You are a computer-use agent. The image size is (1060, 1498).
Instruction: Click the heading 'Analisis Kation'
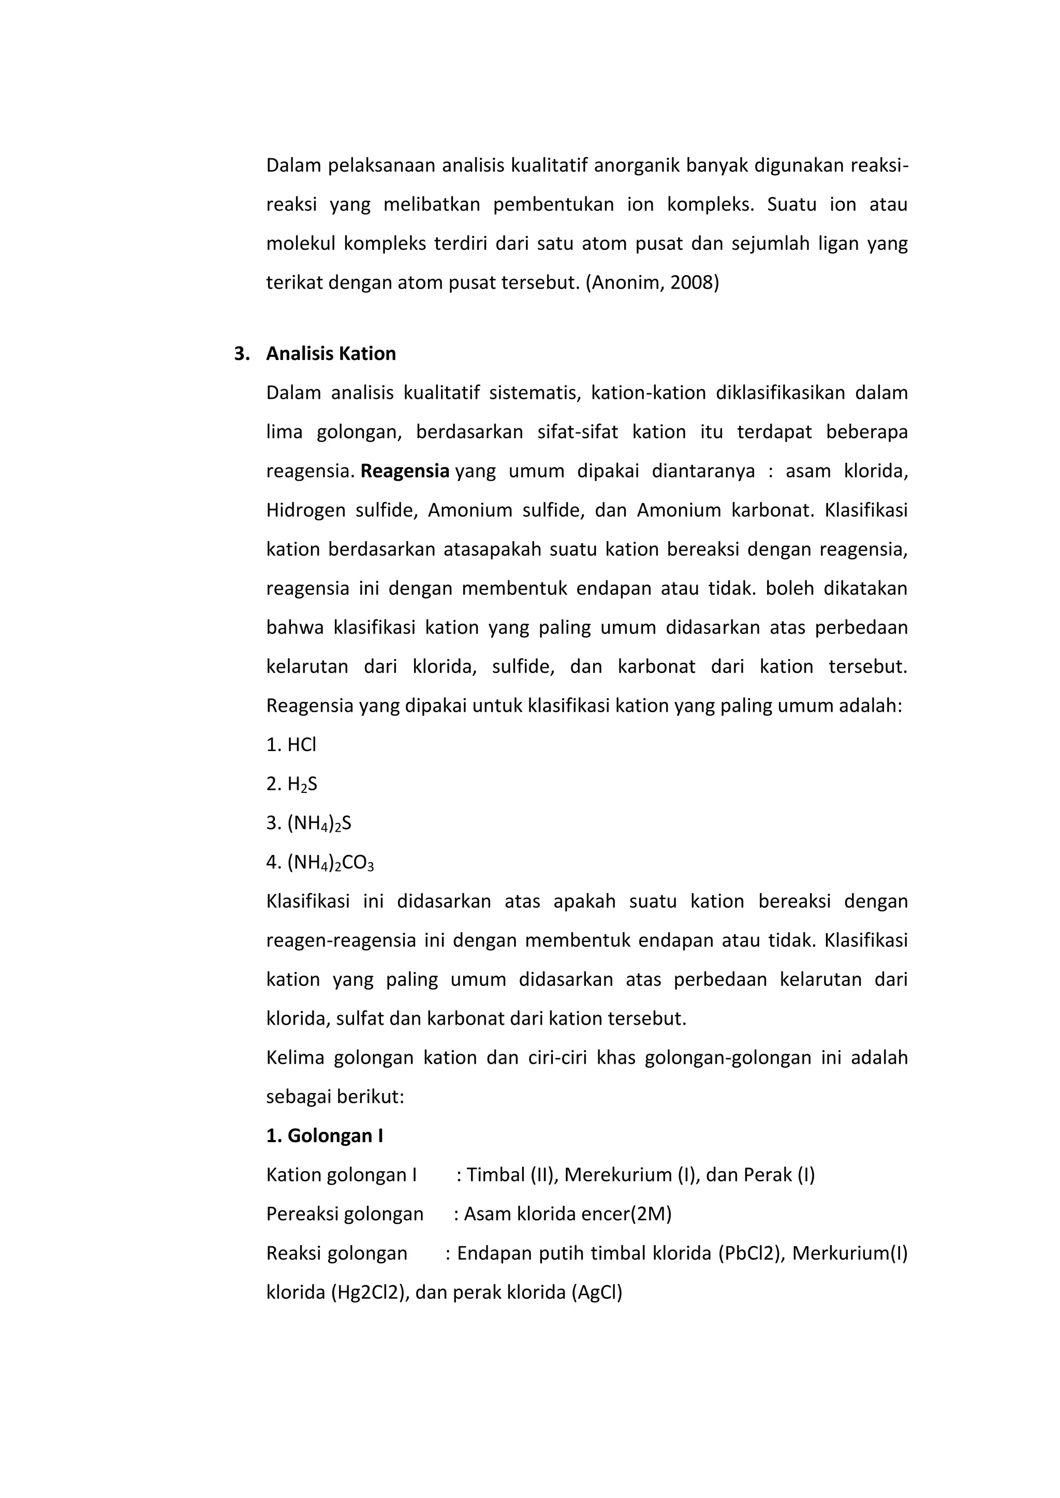(x=331, y=354)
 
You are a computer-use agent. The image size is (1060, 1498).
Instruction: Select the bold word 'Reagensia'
(x=405, y=471)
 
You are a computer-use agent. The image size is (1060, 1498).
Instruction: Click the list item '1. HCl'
(x=291, y=745)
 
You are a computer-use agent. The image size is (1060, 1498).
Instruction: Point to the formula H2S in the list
(x=302, y=784)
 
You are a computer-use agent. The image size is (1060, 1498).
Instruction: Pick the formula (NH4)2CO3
(x=330, y=862)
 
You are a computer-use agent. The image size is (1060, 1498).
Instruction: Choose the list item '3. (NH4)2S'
(x=308, y=823)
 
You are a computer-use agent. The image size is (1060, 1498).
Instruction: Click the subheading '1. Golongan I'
(x=325, y=1136)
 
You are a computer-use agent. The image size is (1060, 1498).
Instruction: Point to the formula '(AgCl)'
(x=597, y=1293)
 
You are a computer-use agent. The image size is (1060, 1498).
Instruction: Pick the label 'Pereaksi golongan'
(x=345, y=1214)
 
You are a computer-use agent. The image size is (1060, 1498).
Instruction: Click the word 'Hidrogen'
(x=305, y=510)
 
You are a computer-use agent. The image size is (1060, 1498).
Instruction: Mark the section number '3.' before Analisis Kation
(x=242, y=354)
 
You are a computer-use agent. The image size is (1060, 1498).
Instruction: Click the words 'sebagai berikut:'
(x=335, y=1097)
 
